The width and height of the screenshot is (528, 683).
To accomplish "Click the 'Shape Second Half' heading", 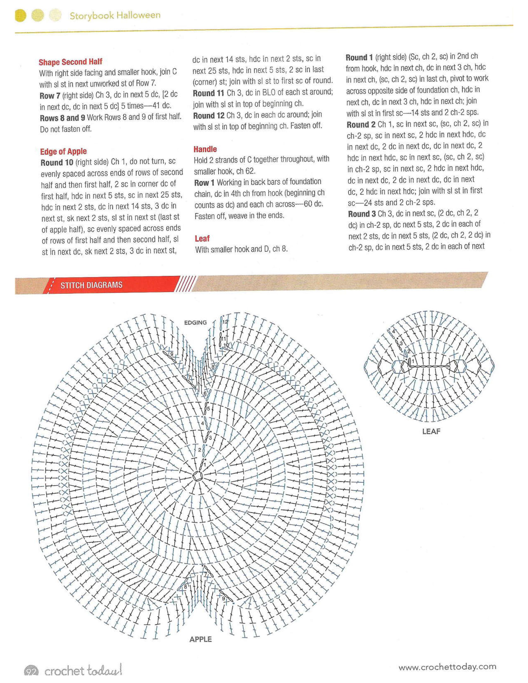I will coord(70,62).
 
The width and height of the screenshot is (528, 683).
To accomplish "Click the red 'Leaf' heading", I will coord(202,239).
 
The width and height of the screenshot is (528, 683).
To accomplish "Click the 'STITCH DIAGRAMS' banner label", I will coord(91,285).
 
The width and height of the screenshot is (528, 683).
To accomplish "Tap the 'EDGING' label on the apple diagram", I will coord(195,322).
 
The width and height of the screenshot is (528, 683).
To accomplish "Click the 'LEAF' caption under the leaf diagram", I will coord(431,431).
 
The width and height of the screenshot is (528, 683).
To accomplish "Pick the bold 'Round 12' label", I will coord(209,116).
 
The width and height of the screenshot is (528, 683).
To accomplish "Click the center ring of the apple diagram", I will coord(198,476).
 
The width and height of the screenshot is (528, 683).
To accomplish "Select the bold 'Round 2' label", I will coord(361,124).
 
